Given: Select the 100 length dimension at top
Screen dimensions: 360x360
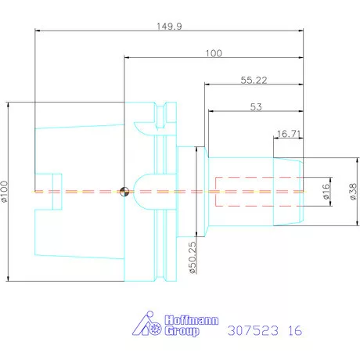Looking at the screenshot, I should [214, 53].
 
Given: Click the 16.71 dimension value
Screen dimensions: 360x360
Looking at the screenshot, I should [290, 134].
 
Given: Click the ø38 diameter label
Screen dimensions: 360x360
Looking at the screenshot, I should [351, 190].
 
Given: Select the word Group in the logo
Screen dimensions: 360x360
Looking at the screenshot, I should [182, 332].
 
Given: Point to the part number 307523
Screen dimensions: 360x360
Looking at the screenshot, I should [252, 330].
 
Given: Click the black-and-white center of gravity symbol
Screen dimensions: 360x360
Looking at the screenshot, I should [123, 190].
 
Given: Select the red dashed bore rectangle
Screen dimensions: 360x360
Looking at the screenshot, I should [242, 191].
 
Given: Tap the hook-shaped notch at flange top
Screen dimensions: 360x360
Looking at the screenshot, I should [144, 124].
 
